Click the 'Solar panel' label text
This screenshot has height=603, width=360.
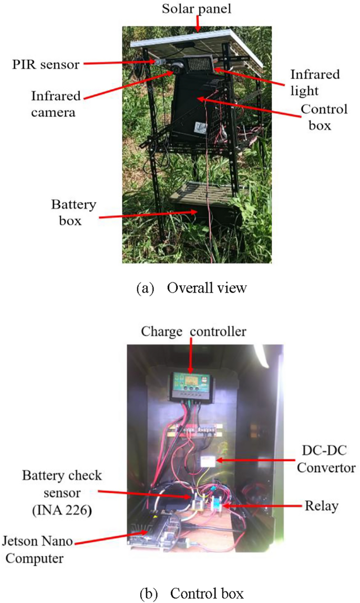tap(198, 9)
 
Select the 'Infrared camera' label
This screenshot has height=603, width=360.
tap(56, 105)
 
